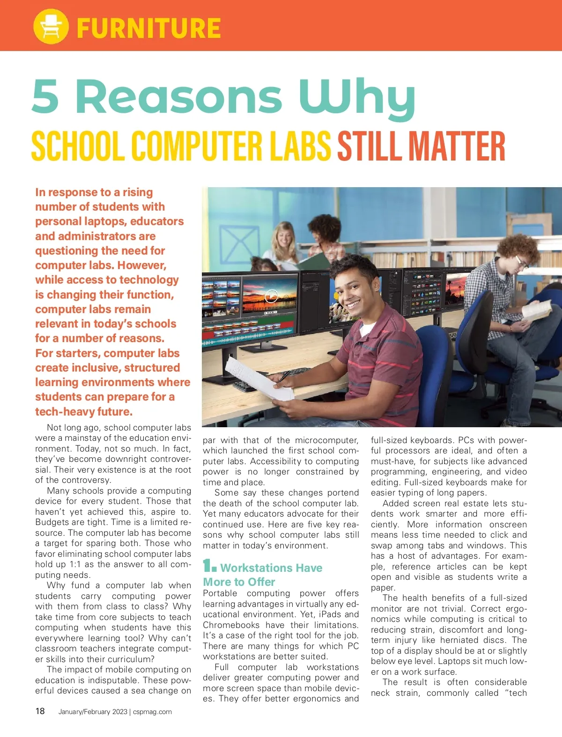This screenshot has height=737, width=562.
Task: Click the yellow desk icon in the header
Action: tap(51, 27)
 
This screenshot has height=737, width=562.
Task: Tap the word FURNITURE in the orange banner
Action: tap(148, 28)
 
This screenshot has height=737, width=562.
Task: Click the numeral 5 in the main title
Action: tap(46, 96)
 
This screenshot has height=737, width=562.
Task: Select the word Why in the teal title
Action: tap(357, 98)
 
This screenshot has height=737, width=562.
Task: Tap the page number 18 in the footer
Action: tap(40, 711)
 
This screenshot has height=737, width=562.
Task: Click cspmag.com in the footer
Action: tap(152, 712)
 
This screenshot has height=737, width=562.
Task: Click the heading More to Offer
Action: tap(239, 582)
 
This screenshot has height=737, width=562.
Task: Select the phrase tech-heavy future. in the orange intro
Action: tap(84, 412)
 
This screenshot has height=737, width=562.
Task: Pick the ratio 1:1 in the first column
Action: tap(75, 564)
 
